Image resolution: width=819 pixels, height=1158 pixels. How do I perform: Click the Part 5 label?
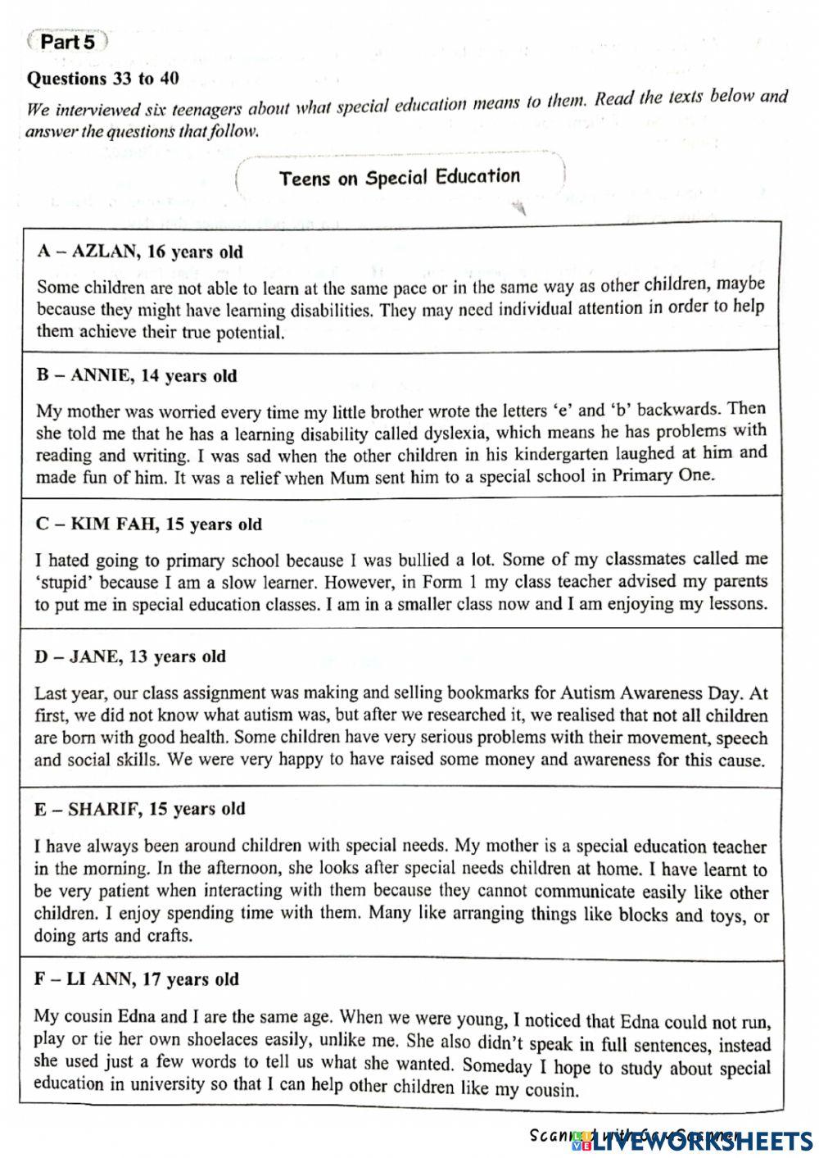(67, 42)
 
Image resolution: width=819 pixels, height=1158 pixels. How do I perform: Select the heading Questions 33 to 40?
(103, 79)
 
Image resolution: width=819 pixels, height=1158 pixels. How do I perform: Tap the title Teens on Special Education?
(400, 177)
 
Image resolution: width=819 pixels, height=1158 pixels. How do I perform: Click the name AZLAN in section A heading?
(106, 252)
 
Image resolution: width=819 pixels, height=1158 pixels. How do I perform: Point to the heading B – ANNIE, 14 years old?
(137, 376)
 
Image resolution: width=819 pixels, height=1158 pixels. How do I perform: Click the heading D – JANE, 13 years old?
(131, 656)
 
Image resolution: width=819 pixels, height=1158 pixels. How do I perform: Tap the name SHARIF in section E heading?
(106, 809)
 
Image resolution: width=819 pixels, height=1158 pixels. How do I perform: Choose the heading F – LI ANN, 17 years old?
(136, 979)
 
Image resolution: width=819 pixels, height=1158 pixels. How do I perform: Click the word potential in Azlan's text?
(247, 332)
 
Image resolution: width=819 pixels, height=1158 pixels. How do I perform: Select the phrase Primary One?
(663, 476)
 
